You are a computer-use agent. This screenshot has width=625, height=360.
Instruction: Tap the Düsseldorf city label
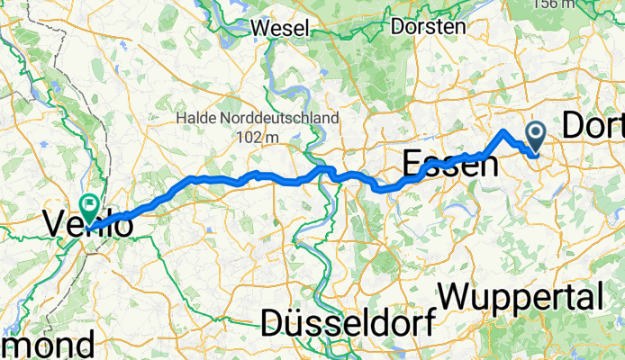click(348, 321)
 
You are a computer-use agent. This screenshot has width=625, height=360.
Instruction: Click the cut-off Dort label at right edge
click(593, 126)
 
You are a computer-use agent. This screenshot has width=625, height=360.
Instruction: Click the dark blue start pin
click(536, 137)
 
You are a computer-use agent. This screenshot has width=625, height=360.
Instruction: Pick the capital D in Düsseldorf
click(275, 321)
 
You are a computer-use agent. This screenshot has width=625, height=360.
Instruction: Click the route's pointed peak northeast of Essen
click(503, 132)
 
